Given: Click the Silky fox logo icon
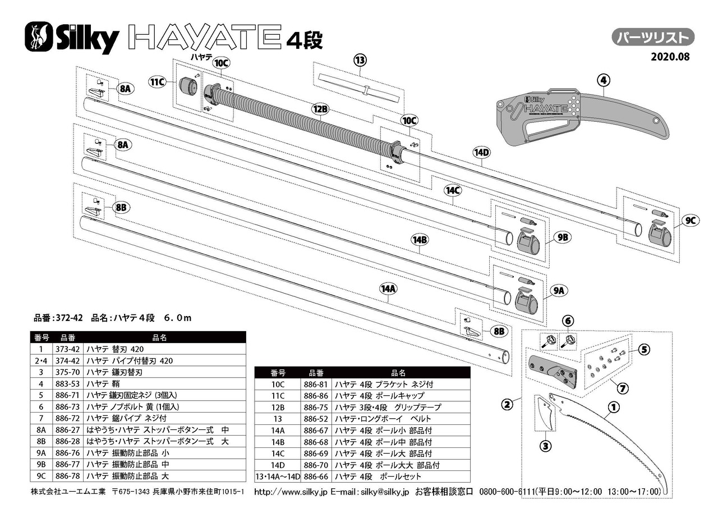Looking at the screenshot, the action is pyautogui.click(x=39, y=36).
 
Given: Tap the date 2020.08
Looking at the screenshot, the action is pyautogui.click(x=670, y=57).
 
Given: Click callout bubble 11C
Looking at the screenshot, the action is pyautogui.click(x=158, y=82).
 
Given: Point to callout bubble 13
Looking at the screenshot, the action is pyautogui.click(x=360, y=60).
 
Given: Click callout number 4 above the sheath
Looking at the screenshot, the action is pyautogui.click(x=604, y=80).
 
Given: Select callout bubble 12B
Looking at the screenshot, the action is pyautogui.click(x=320, y=109).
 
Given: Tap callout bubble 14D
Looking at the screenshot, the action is pyautogui.click(x=482, y=152).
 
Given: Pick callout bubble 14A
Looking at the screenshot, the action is pyautogui.click(x=388, y=289).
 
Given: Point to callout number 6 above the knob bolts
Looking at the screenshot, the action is pyautogui.click(x=568, y=321).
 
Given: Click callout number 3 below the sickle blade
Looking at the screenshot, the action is pyautogui.click(x=546, y=446).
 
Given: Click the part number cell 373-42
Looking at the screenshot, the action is pyautogui.click(x=67, y=349).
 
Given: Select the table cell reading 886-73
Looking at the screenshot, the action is pyautogui.click(x=67, y=406).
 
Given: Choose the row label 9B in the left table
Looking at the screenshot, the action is pyautogui.click(x=41, y=464).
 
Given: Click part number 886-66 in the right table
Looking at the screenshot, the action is pyautogui.click(x=316, y=477).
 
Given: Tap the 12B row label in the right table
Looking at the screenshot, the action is pyautogui.click(x=278, y=408).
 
